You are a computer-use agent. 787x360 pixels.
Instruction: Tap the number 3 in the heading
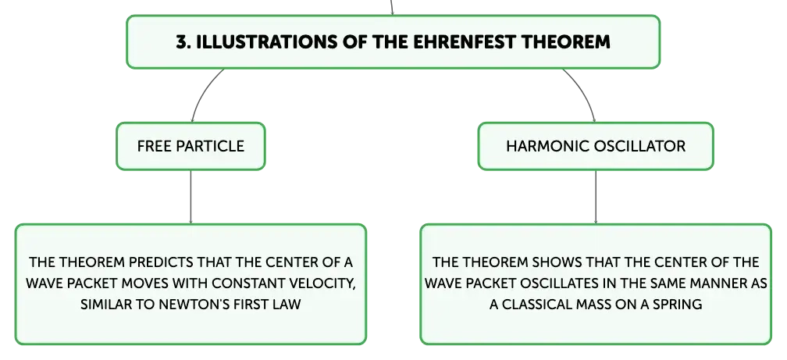(181, 41)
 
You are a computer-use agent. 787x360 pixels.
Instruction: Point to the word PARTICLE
(211, 146)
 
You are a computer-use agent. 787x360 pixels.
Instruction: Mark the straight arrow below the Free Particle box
(191, 197)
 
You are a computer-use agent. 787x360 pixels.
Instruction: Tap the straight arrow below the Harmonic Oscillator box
(596, 197)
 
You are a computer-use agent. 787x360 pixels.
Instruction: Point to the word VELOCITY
(323, 283)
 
